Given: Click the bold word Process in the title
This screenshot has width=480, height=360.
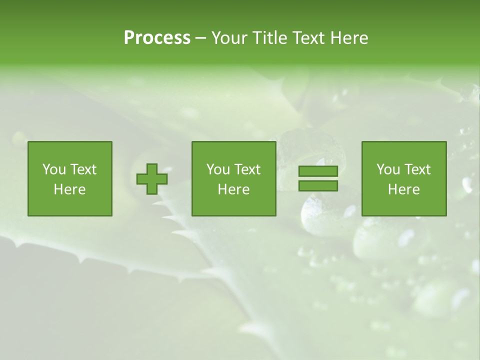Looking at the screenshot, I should click(x=157, y=38).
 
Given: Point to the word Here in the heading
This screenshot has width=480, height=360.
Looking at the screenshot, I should click(x=349, y=38).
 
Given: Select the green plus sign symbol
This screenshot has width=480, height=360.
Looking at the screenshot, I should click(x=152, y=179).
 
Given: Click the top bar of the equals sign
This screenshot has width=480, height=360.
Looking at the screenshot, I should click(x=318, y=171).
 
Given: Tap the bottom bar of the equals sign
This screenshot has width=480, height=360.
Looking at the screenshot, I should click(x=318, y=185).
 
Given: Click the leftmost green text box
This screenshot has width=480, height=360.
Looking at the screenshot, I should click(x=70, y=178).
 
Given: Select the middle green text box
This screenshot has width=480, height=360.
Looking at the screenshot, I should click(x=234, y=178).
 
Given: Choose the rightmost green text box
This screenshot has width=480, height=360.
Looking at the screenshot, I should click(x=404, y=178).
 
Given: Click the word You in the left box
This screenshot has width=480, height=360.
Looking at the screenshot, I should click(x=54, y=169).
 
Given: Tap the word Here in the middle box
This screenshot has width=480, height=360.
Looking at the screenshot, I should click(x=234, y=189).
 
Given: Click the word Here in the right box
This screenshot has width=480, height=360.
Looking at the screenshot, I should click(x=404, y=189).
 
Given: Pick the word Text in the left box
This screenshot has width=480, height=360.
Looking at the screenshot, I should click(x=83, y=169).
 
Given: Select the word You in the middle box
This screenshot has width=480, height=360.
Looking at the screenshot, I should click(x=218, y=169).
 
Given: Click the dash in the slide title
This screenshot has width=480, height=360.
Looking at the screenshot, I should click(x=200, y=38).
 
